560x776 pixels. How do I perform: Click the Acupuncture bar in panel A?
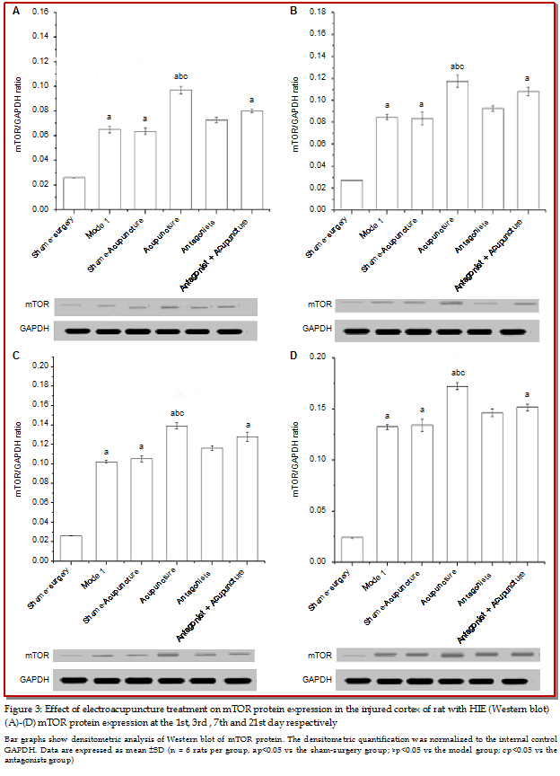tap(180, 150)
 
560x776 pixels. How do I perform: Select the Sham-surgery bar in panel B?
tap(351, 195)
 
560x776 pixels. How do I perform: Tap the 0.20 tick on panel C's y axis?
tap(40, 366)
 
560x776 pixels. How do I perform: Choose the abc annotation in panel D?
tap(458, 373)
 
